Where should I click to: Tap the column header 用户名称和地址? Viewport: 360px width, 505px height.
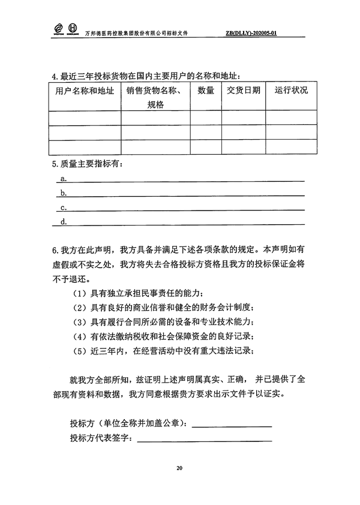coord(84,91)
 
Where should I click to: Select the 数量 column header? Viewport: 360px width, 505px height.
coord(205,91)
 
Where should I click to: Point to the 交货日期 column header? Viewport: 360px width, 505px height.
coord(244,91)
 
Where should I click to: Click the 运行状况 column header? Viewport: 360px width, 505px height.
coord(291,91)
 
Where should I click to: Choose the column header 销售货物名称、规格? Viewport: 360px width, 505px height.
coord(155,97)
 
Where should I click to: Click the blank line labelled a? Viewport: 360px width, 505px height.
coord(186,179)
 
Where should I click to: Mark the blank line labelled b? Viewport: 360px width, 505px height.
coord(186,194)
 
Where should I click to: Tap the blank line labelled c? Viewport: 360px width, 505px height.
coord(186,209)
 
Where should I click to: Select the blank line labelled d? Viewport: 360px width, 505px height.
coord(186,223)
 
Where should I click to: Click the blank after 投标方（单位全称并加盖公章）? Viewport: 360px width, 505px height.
coord(233,425)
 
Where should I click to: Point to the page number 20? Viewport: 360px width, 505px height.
coord(179,468)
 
